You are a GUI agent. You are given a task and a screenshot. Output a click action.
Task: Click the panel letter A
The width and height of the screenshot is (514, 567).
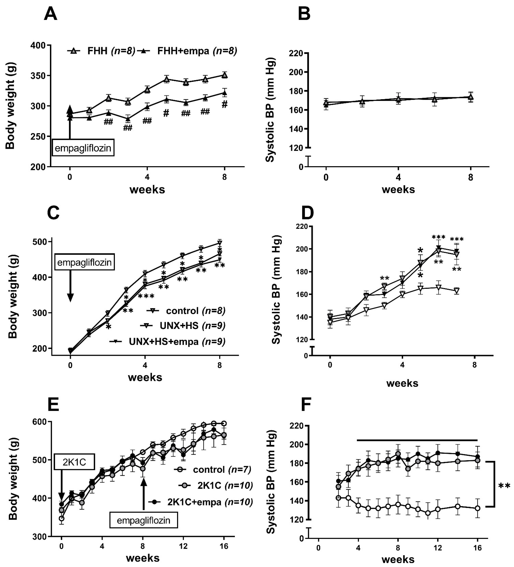(x=51, y=14)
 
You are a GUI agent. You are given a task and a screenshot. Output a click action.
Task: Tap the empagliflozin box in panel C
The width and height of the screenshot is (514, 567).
(x=84, y=262)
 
